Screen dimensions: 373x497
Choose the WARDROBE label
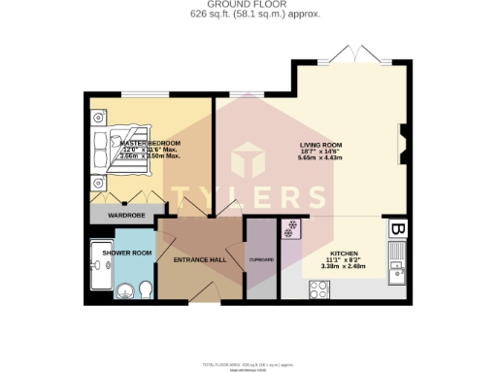coord(126,215)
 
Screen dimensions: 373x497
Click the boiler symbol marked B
coord(397,229)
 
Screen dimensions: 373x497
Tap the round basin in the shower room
coord(123,289)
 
